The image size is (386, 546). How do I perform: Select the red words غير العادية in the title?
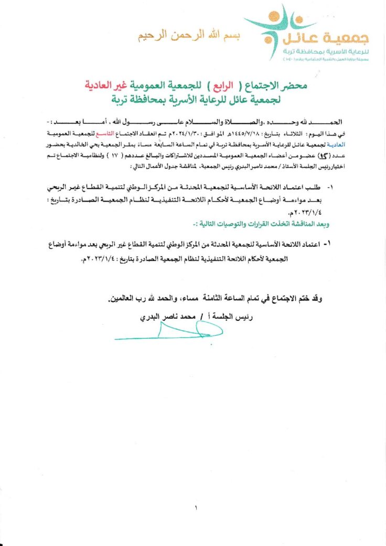pyautogui.click(x=108, y=85)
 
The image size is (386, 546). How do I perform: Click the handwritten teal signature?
pyautogui.click(x=168, y=331)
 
